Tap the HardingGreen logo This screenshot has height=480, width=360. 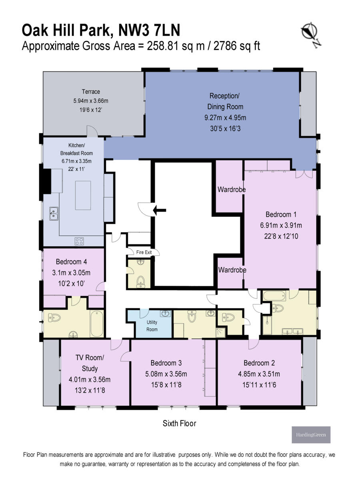(311, 434)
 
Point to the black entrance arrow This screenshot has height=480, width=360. (160, 209)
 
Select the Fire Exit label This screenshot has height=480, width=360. (144, 252)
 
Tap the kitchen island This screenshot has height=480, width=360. (83, 195)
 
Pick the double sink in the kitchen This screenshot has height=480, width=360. (54, 213)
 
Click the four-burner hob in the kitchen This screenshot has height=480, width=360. (79, 241)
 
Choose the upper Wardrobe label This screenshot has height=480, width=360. (231, 189)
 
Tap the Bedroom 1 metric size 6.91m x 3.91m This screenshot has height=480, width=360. (281, 225)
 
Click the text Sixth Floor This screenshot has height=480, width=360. (179, 423)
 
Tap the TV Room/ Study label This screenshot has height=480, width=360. (90, 363)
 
